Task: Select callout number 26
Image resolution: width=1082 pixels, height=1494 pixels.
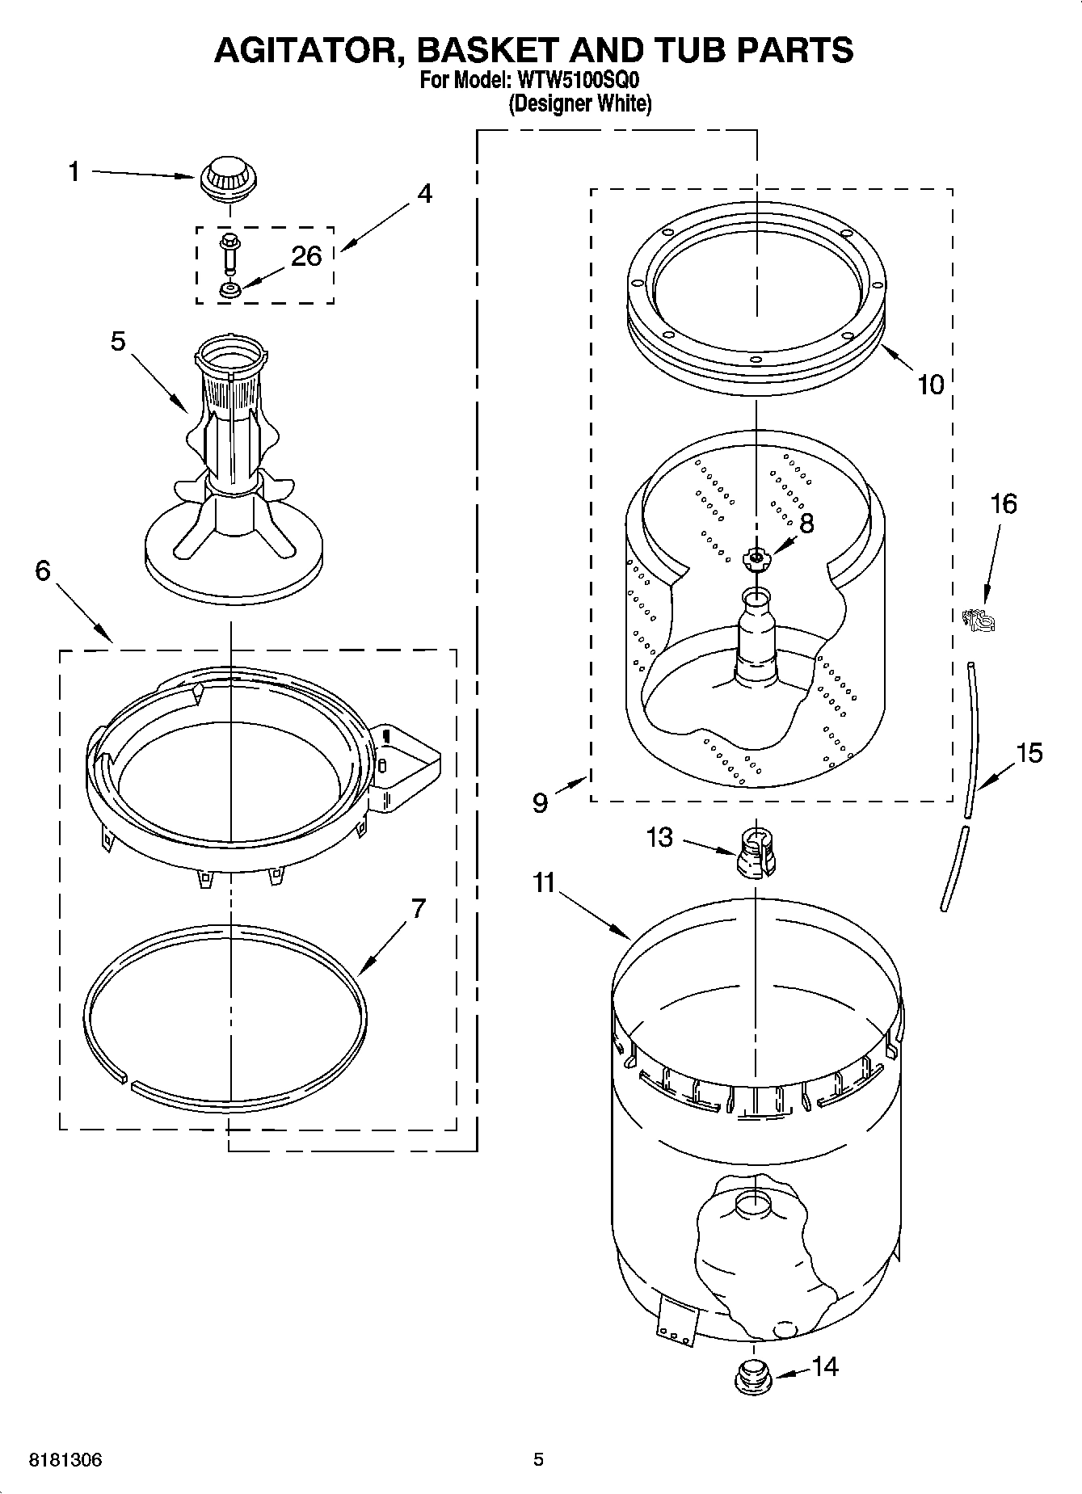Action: (x=306, y=256)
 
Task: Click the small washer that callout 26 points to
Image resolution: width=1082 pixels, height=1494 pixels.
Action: (x=230, y=288)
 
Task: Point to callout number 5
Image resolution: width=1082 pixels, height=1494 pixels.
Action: (x=118, y=342)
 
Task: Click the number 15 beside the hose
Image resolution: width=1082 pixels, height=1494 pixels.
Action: (x=1029, y=753)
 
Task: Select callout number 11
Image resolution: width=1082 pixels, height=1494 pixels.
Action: (x=544, y=882)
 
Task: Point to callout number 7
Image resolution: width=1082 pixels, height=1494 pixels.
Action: (x=417, y=909)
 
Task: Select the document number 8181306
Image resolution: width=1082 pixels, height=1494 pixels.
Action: (x=65, y=1460)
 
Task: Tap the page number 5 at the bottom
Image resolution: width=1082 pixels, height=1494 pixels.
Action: (x=538, y=1459)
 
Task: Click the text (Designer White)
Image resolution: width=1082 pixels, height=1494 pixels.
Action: (x=579, y=103)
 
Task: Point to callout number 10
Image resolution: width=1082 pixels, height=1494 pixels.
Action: (x=930, y=385)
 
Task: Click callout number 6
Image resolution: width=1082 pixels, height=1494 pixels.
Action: (x=43, y=570)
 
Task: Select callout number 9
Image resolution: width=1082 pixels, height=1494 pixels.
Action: (x=540, y=802)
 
